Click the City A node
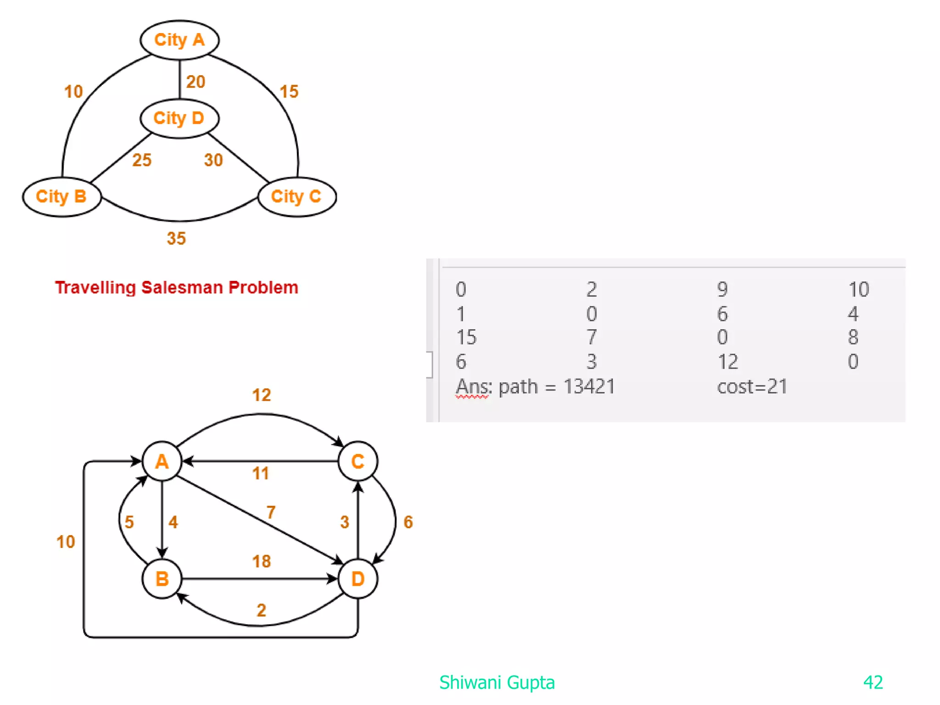click(x=179, y=40)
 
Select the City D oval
click(x=179, y=118)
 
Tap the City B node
click(x=62, y=196)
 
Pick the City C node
click(x=297, y=196)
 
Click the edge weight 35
click(x=176, y=238)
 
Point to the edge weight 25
click(x=142, y=160)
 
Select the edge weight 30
click(x=213, y=160)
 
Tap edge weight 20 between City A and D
click(x=196, y=82)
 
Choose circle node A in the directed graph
click(x=162, y=461)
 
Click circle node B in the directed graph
click(x=162, y=579)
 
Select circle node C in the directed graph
click(x=358, y=461)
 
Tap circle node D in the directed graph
click(x=358, y=579)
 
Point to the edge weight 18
click(x=261, y=561)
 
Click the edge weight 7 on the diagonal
click(x=271, y=512)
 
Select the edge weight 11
click(x=261, y=473)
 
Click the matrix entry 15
click(x=466, y=337)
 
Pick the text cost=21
click(x=752, y=386)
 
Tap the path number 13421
click(x=589, y=386)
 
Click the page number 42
click(x=873, y=683)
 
